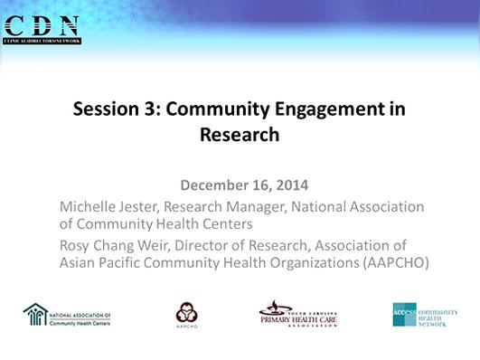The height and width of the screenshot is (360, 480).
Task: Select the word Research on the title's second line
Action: coord(240,136)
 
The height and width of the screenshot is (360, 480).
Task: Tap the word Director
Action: coord(207,245)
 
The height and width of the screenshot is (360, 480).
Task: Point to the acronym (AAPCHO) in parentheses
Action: coord(391,262)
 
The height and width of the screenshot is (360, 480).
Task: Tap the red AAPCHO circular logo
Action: coord(187,313)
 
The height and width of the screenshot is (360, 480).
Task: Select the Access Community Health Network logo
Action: coord(425,313)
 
